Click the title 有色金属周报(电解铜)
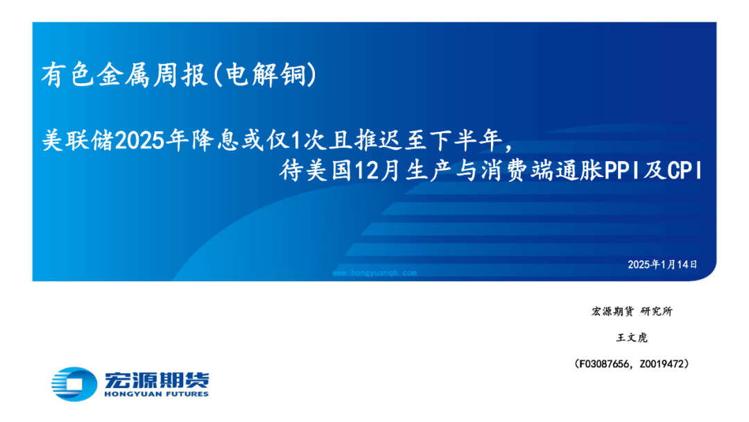(x=179, y=75)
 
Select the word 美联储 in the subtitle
(x=78, y=140)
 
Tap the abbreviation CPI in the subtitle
(x=685, y=171)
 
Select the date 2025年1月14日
(x=662, y=264)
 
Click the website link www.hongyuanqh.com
(x=374, y=273)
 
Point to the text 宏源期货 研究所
(x=632, y=312)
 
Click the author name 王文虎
(x=632, y=338)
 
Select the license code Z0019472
(x=662, y=364)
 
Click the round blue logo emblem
(x=74, y=384)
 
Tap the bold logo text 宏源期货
(x=157, y=380)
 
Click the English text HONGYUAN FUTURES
(x=157, y=394)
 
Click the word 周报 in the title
(x=180, y=75)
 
